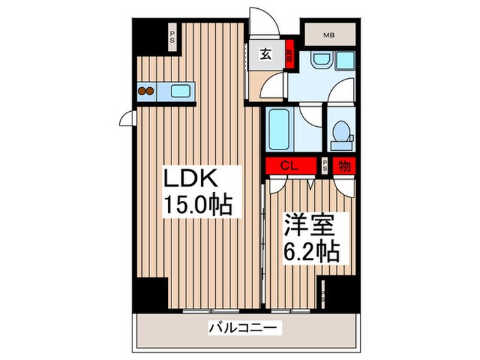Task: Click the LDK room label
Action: pos(191,180)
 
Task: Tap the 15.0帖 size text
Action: pos(197,204)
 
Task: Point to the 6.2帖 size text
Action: pos(311,253)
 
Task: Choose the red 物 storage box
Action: pos(344,165)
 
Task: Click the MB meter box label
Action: pos(330,34)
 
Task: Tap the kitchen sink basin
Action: pos(181,90)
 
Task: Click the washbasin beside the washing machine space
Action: pos(320,61)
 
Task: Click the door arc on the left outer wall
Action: pos(128,120)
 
